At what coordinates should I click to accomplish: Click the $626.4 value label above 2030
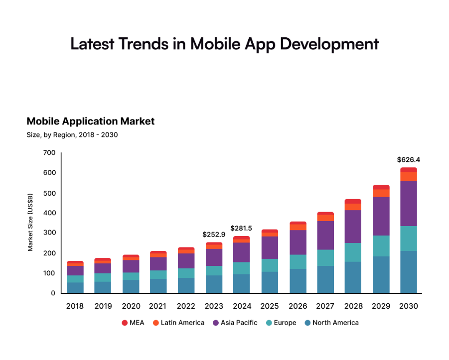[408, 160]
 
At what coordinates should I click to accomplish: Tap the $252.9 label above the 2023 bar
[214, 234]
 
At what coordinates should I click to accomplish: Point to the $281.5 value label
[241, 228]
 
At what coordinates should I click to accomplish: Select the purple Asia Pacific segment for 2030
[408, 203]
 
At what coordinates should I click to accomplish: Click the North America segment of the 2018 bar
[75, 287]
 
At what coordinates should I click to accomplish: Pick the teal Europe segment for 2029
[381, 246]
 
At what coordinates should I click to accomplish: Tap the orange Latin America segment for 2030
[408, 176]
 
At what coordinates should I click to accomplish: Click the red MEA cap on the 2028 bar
[353, 201]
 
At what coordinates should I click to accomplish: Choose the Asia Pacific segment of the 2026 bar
[298, 242]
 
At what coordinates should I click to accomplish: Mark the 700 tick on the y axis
[49, 153]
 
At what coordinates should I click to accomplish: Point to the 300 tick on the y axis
[49, 233]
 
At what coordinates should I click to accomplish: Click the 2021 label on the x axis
[158, 306]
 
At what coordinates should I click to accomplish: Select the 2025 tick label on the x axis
[270, 306]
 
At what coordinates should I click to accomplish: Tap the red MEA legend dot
[125, 323]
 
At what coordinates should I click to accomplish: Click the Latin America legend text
[182, 323]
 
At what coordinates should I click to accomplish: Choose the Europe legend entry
[285, 323]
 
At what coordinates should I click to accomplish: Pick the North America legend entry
[335, 323]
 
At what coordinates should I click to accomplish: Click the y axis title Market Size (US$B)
[31, 222]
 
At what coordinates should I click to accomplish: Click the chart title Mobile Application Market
[91, 121]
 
